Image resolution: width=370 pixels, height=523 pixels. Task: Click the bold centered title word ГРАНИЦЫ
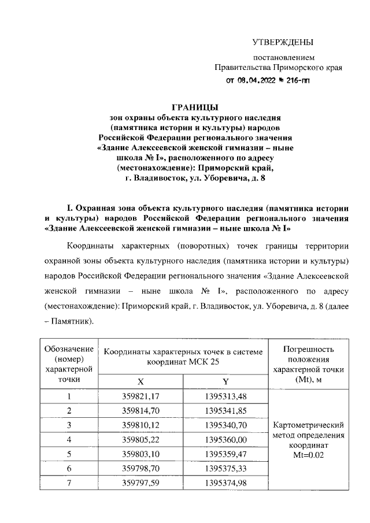click(x=194, y=106)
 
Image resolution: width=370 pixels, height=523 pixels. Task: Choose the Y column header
click(x=225, y=381)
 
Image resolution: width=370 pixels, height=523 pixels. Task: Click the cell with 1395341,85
click(x=225, y=411)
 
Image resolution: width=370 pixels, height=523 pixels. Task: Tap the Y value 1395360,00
click(x=225, y=440)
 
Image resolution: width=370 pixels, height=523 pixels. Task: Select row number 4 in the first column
click(x=69, y=440)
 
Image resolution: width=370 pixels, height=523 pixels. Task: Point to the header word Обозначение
click(x=69, y=348)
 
